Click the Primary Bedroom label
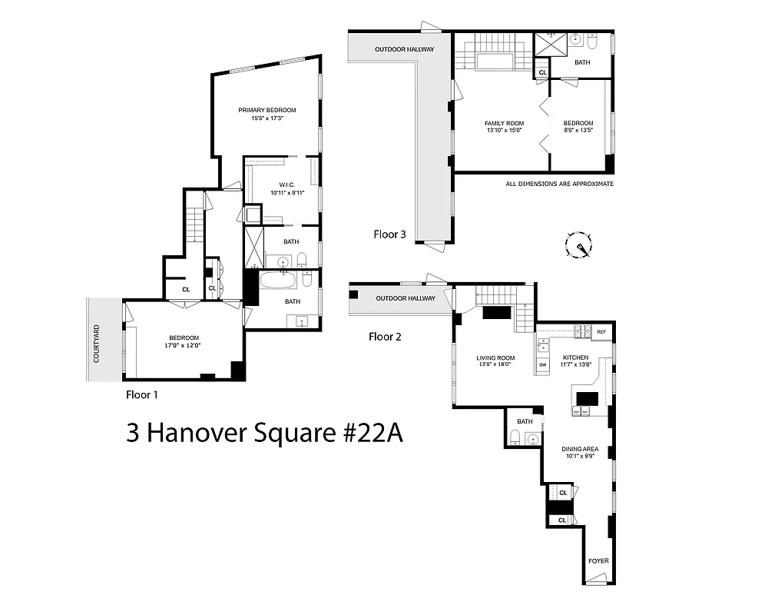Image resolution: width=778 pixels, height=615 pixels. [267, 110]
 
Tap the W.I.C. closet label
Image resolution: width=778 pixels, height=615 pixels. [287, 184]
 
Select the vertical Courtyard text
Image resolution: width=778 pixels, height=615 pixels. [97, 344]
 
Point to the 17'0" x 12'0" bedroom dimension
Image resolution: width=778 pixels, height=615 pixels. [184, 346]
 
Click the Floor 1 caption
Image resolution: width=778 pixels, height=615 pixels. [146, 395]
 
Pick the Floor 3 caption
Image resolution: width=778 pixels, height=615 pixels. [389, 234]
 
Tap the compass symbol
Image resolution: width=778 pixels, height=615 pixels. [578, 245]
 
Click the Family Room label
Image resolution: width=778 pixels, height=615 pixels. [504, 123]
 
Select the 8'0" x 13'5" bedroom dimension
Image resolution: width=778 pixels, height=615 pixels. [578, 131]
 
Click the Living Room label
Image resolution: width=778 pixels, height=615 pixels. [495, 357]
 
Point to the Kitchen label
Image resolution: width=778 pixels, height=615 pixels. [576, 357]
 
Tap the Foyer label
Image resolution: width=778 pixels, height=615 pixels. [598, 560]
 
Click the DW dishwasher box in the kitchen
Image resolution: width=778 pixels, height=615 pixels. [543, 364]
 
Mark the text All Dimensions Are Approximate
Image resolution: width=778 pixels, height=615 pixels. [559, 184]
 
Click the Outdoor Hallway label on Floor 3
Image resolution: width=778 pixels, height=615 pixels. [404, 50]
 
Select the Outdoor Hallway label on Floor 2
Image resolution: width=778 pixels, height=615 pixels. [406, 298]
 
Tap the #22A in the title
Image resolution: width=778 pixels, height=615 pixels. [372, 433]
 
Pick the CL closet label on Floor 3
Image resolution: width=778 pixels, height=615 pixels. [543, 72]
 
